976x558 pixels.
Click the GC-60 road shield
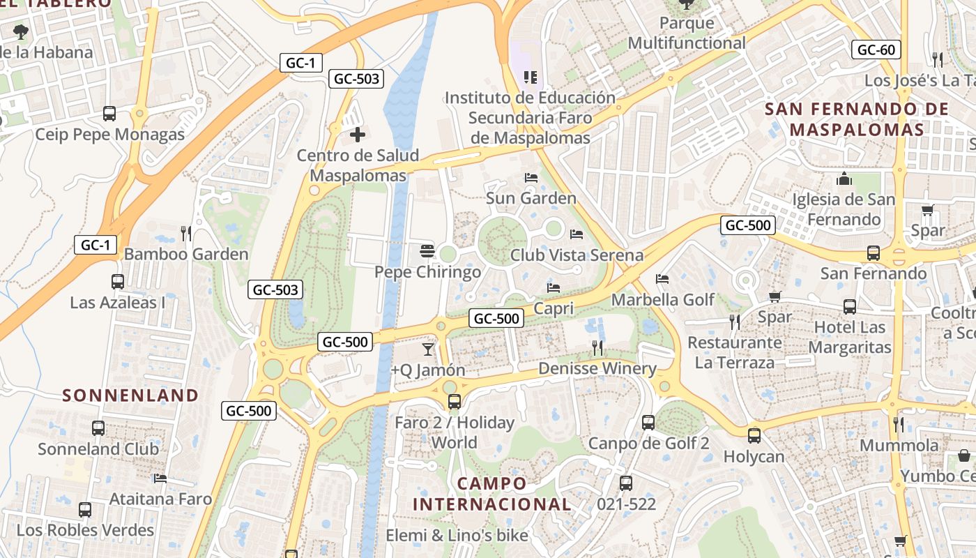click(x=876, y=50)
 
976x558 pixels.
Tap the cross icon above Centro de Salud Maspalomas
click(x=358, y=134)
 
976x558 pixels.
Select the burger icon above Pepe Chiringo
click(x=427, y=251)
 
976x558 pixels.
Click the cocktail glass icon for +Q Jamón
click(x=428, y=348)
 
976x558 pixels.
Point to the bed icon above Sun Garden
click(x=531, y=178)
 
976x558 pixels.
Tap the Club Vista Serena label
click(x=577, y=255)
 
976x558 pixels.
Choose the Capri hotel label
click(x=554, y=308)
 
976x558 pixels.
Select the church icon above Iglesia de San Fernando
click(x=844, y=179)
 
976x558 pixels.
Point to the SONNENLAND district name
click(x=130, y=395)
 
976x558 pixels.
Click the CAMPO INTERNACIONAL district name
click(x=492, y=494)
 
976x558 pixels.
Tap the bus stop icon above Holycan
click(x=754, y=436)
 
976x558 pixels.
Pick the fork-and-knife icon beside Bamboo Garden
click(x=185, y=233)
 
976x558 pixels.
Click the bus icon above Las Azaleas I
click(x=117, y=282)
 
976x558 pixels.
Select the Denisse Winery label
click(x=597, y=368)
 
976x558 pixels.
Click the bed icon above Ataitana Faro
click(x=160, y=478)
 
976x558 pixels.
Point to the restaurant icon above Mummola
click(x=899, y=424)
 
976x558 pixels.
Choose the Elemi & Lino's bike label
click(x=457, y=535)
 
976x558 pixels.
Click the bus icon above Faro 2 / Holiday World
click(x=454, y=402)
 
